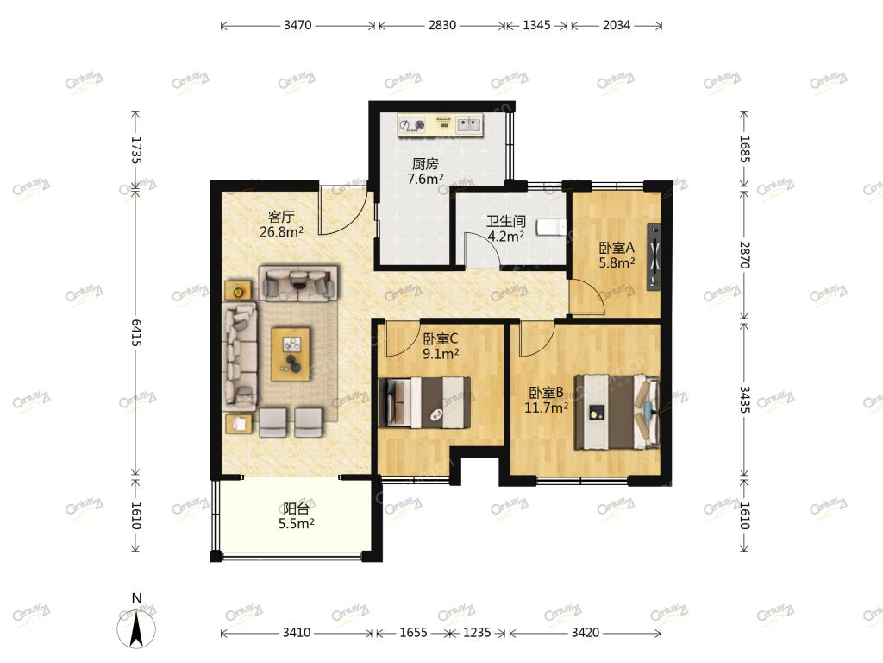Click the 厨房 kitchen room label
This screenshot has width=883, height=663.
click(425, 164)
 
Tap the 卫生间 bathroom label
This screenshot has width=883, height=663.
click(506, 221)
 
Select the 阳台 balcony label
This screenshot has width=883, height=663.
click(297, 509)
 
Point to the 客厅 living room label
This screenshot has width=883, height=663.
click(281, 217)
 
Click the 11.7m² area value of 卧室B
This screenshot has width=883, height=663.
click(546, 407)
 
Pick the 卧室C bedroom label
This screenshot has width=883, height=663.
click(441, 338)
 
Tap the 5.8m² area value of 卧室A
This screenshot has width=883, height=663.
click(617, 262)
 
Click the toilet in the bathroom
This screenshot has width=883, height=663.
click(551, 227)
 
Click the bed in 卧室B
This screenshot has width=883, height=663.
click(617, 412)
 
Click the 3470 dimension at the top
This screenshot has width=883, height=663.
click(297, 25)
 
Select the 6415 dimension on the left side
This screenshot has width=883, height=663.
click(136, 332)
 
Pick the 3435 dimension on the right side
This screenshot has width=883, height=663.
click(744, 399)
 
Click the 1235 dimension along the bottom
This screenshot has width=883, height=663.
click(477, 633)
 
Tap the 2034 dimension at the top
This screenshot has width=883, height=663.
click(617, 25)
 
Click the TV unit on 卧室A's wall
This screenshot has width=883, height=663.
click(654, 256)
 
